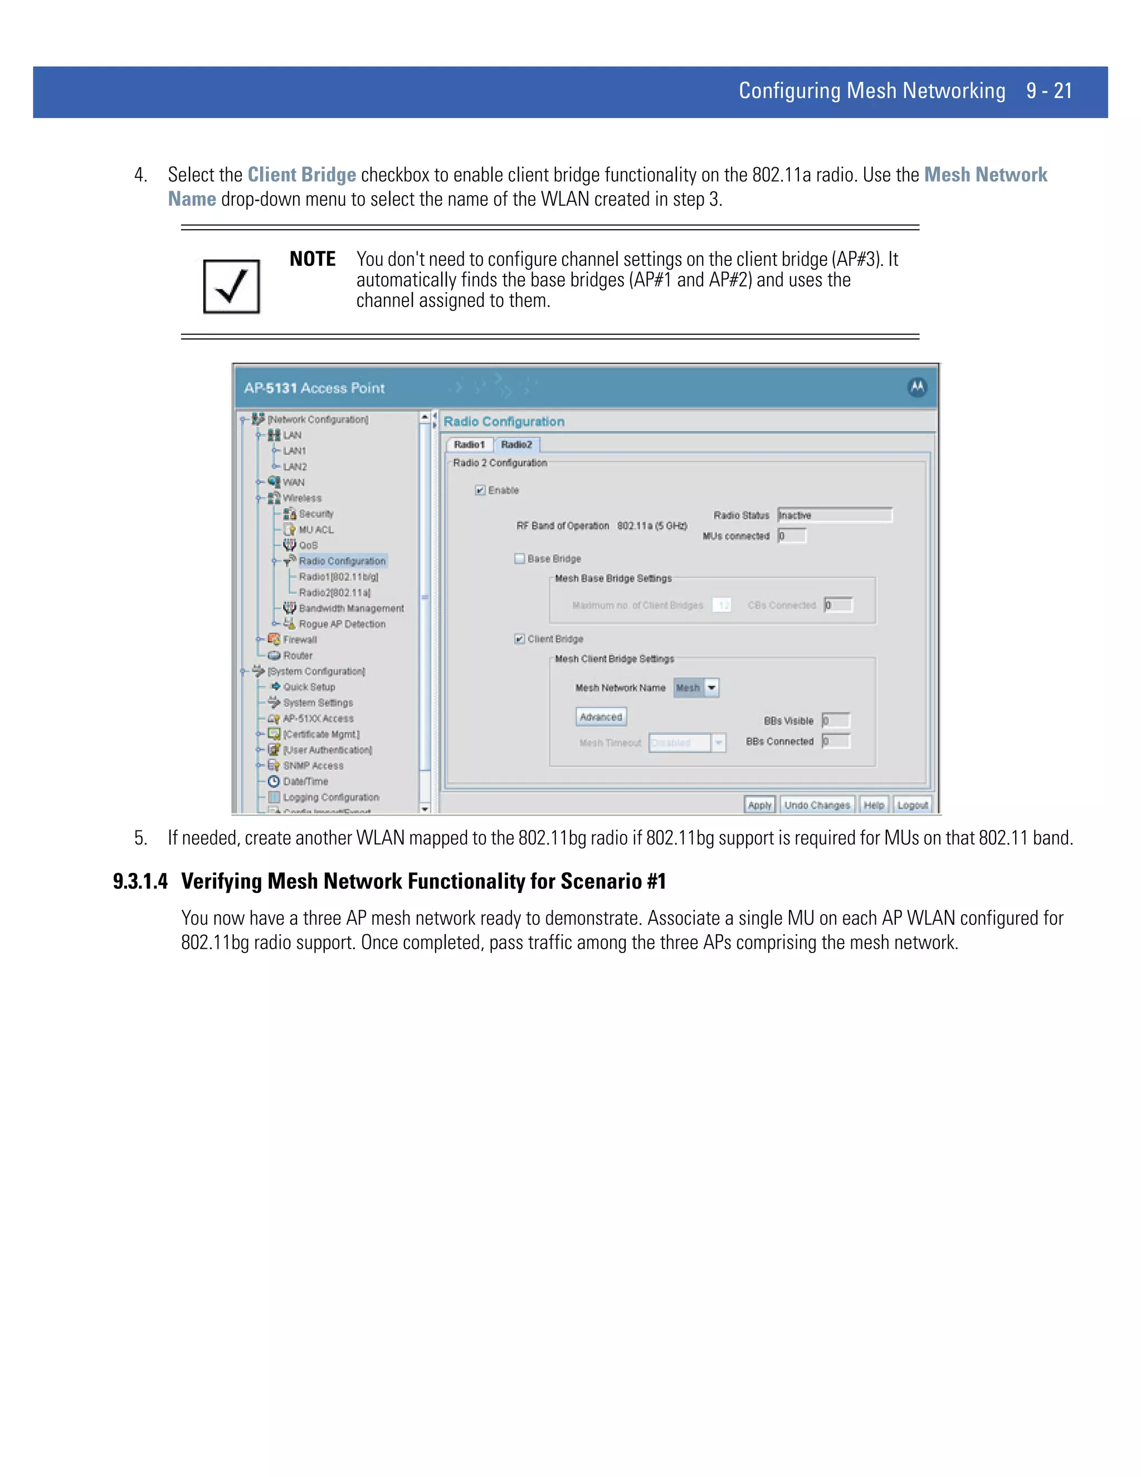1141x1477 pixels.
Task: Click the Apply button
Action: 759,805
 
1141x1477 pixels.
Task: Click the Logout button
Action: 913,805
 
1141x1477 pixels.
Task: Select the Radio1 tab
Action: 469,444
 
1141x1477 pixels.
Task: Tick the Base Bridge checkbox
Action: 519,558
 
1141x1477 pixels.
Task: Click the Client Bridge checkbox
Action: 519,639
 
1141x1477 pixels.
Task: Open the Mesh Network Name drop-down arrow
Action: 711,688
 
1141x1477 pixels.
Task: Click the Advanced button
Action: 601,717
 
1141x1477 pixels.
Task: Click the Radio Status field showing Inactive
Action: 834,516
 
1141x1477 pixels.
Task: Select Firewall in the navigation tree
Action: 299,640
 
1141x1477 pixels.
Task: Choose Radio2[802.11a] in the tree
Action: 335,592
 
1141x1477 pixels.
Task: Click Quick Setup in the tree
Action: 309,687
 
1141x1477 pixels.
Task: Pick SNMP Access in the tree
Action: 313,766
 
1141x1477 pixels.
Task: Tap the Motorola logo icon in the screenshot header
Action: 917,387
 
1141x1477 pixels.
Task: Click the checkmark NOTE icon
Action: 231,286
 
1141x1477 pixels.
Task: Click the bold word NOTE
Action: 313,259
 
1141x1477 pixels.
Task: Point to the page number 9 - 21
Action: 1049,91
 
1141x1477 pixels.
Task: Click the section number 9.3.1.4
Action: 140,881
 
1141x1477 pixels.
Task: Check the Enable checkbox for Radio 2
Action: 480,490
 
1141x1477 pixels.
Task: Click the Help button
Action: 874,805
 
